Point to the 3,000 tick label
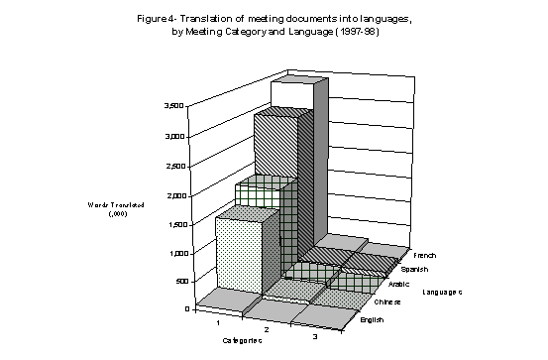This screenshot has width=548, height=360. (170, 136)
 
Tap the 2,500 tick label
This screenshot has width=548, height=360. (170, 167)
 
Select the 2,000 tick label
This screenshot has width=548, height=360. (170, 196)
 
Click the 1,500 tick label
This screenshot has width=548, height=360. (170, 225)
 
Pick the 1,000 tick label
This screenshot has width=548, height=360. (170, 254)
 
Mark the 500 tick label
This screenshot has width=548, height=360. (173, 282)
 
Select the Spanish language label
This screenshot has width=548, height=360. (416, 268)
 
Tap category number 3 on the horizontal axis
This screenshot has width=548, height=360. (314, 339)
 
